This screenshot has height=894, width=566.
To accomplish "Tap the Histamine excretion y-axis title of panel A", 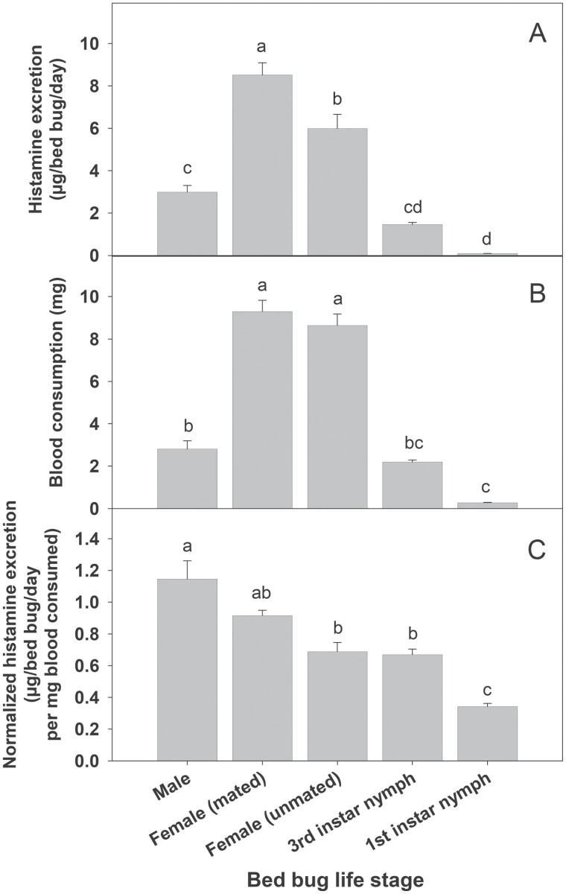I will [46, 130].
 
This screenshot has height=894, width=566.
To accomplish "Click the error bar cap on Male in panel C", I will [187, 560].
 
